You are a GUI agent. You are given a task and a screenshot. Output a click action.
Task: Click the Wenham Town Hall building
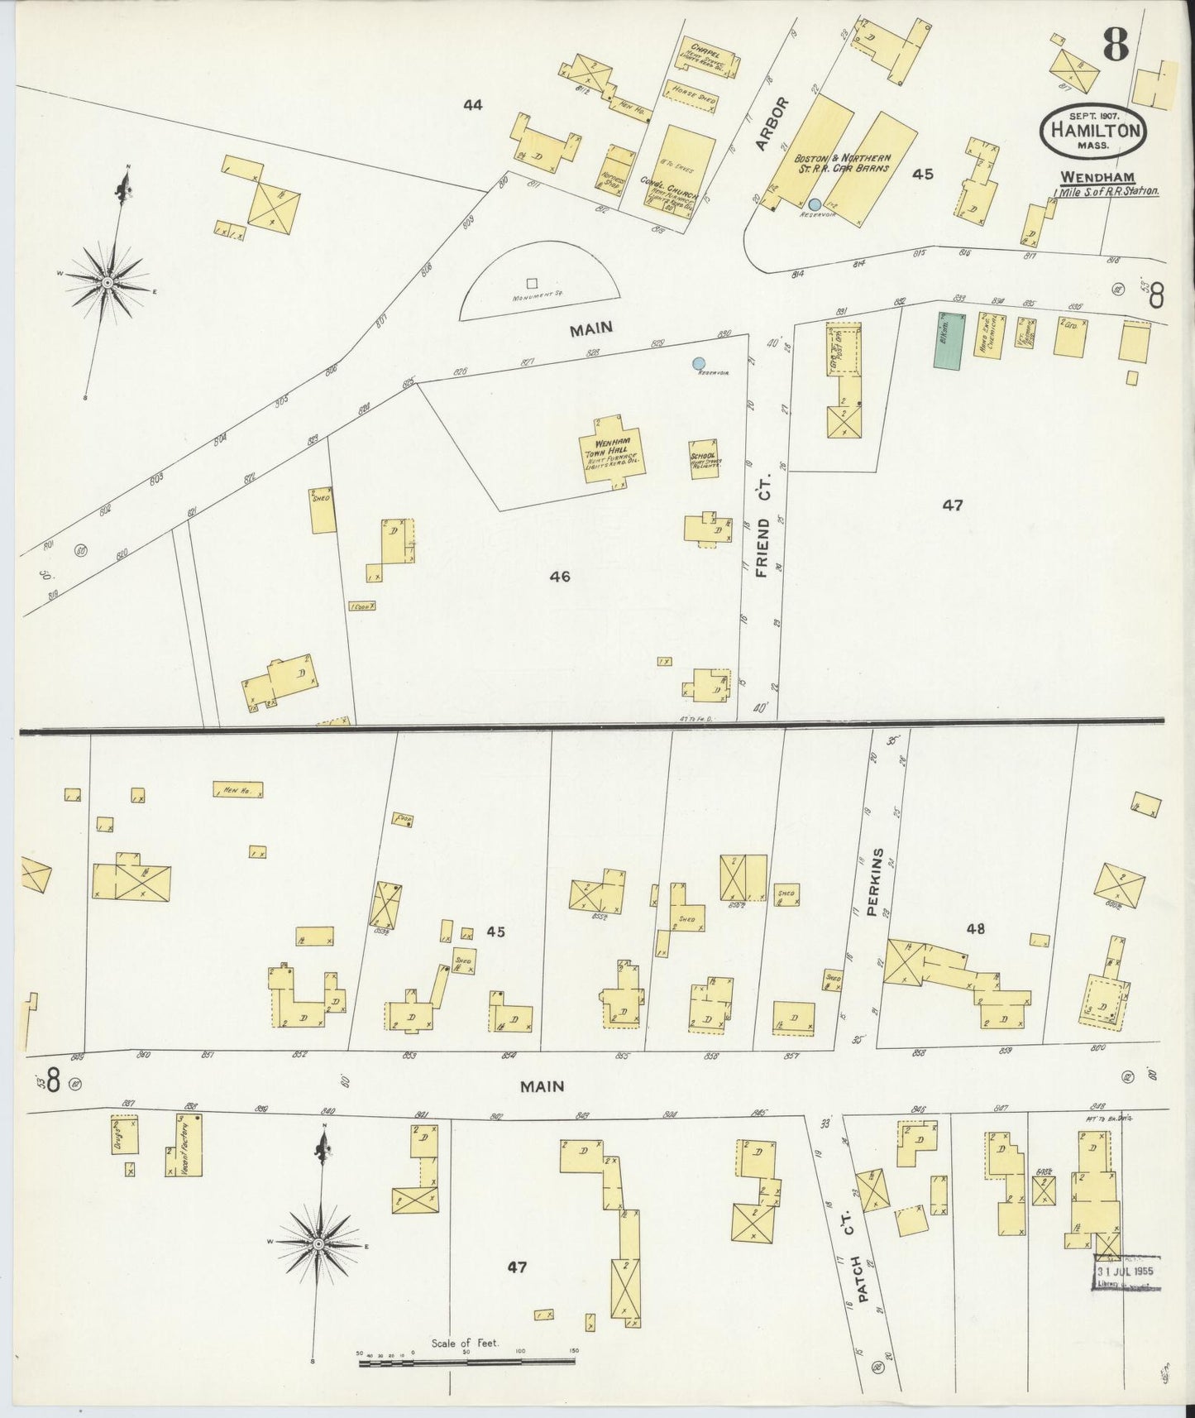click(x=612, y=453)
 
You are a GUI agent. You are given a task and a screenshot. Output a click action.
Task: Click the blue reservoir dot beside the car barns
click(x=815, y=204)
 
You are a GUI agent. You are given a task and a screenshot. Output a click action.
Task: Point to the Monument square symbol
click(x=531, y=283)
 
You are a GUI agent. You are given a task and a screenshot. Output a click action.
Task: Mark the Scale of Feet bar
click(x=468, y=1360)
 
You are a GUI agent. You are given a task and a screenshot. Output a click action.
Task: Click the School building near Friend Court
click(x=704, y=459)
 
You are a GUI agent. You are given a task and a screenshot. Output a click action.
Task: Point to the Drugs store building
click(x=125, y=1135)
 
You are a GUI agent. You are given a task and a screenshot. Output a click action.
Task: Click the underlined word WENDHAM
click(x=1097, y=177)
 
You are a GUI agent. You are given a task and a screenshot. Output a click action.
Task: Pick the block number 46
click(x=560, y=577)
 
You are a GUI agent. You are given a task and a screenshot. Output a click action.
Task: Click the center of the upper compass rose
click(x=108, y=283)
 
